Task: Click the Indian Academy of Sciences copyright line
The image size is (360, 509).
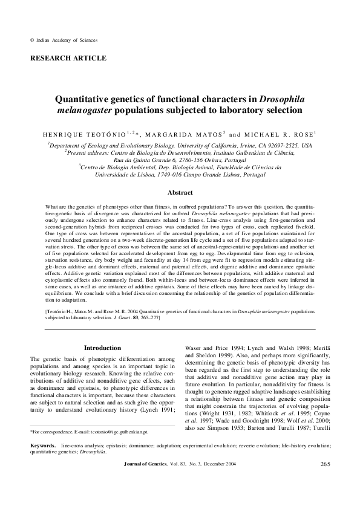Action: point(63,40)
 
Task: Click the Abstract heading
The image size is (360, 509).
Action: point(180,193)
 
